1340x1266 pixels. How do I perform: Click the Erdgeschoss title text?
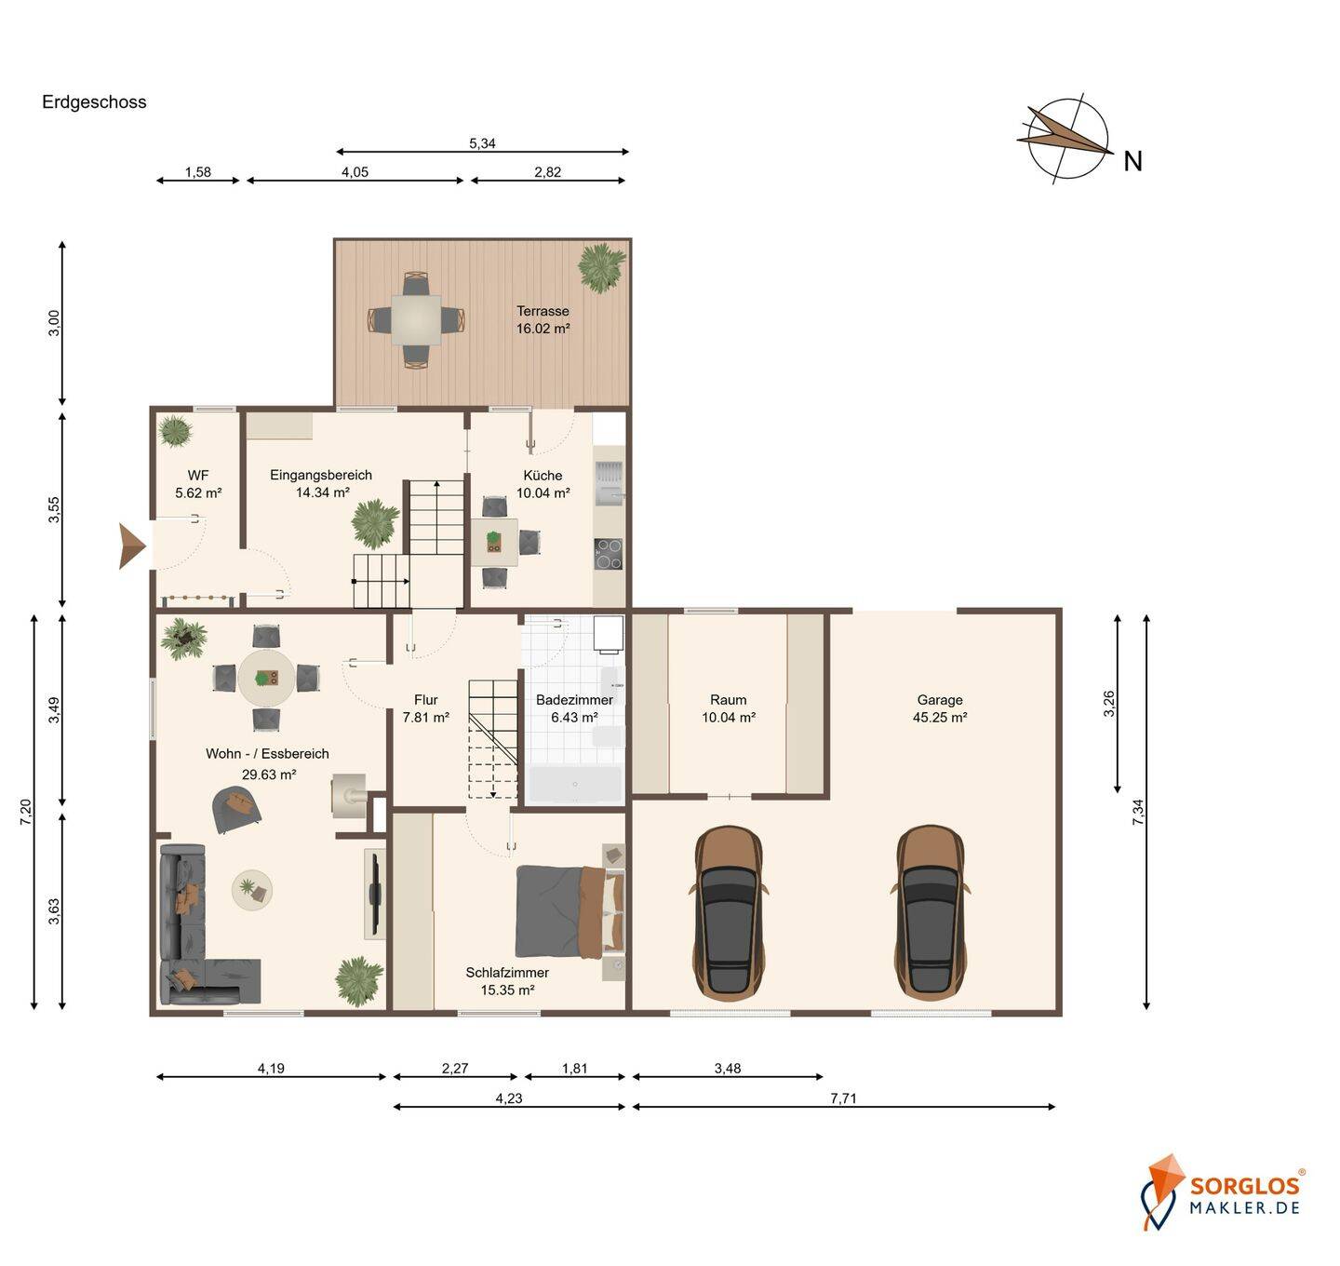coord(94,102)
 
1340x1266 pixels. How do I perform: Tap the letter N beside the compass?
coord(1132,161)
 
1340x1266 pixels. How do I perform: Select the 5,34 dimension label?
coord(482,143)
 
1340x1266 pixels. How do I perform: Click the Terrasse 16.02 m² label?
coord(543,320)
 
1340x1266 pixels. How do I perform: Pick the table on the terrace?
coord(416,319)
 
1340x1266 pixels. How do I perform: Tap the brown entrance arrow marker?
coord(132,545)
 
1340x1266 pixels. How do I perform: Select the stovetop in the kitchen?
coord(609,554)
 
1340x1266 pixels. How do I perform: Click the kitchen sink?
coord(610,482)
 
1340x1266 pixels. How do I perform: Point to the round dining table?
coord(266,678)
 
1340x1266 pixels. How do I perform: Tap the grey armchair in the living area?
coord(237,810)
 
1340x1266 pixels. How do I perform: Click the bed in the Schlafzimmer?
coord(570,912)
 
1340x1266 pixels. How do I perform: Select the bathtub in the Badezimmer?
coord(575,784)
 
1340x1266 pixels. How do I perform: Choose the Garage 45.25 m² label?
coord(940,709)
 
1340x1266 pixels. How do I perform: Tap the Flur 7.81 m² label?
coord(426,709)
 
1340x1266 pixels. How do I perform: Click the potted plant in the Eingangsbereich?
coord(375,522)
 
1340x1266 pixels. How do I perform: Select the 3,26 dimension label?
coord(1108,704)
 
